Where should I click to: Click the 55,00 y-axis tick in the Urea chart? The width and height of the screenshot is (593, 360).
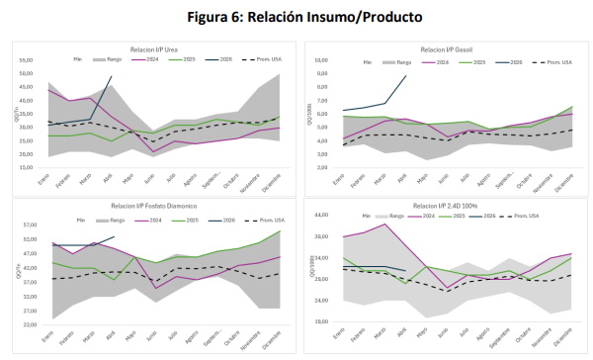click(27, 59)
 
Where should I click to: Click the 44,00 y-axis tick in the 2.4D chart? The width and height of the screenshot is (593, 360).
click(320, 215)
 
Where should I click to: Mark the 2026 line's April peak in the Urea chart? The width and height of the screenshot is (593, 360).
click(112, 76)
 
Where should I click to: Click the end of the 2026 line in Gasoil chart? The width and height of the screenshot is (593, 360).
click(405, 76)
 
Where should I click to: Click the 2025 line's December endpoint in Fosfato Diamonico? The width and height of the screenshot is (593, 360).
click(280, 230)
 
